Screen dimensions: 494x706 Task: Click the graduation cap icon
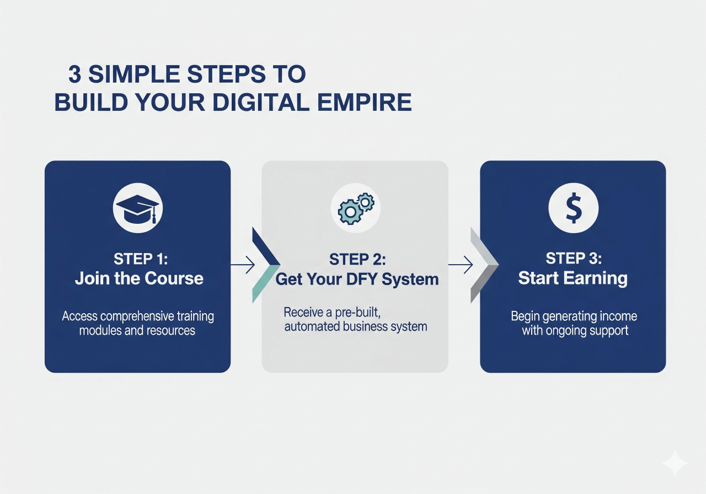pos(137,208)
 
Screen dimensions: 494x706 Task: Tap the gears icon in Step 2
pos(356,208)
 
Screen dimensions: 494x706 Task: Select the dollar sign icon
pos(574,208)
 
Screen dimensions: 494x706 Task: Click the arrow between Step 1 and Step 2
pos(243,266)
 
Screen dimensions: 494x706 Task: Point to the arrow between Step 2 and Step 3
pos(461,266)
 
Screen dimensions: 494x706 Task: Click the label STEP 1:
pos(140,259)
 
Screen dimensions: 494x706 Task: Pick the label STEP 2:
pos(357,259)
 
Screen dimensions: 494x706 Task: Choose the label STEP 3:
pos(573,259)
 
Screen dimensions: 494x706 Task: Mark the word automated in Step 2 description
pos(309,326)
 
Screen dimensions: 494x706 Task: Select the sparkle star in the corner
pos(675,463)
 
